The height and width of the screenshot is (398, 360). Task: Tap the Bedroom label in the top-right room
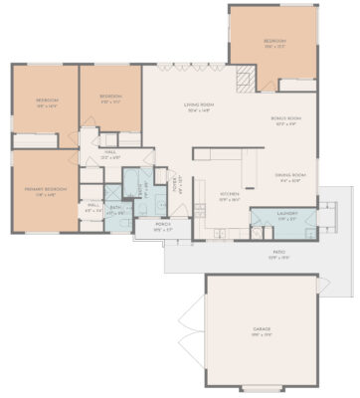click(274, 42)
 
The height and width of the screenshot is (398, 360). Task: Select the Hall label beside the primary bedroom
click(92, 208)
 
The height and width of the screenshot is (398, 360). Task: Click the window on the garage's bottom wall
click(263, 385)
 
